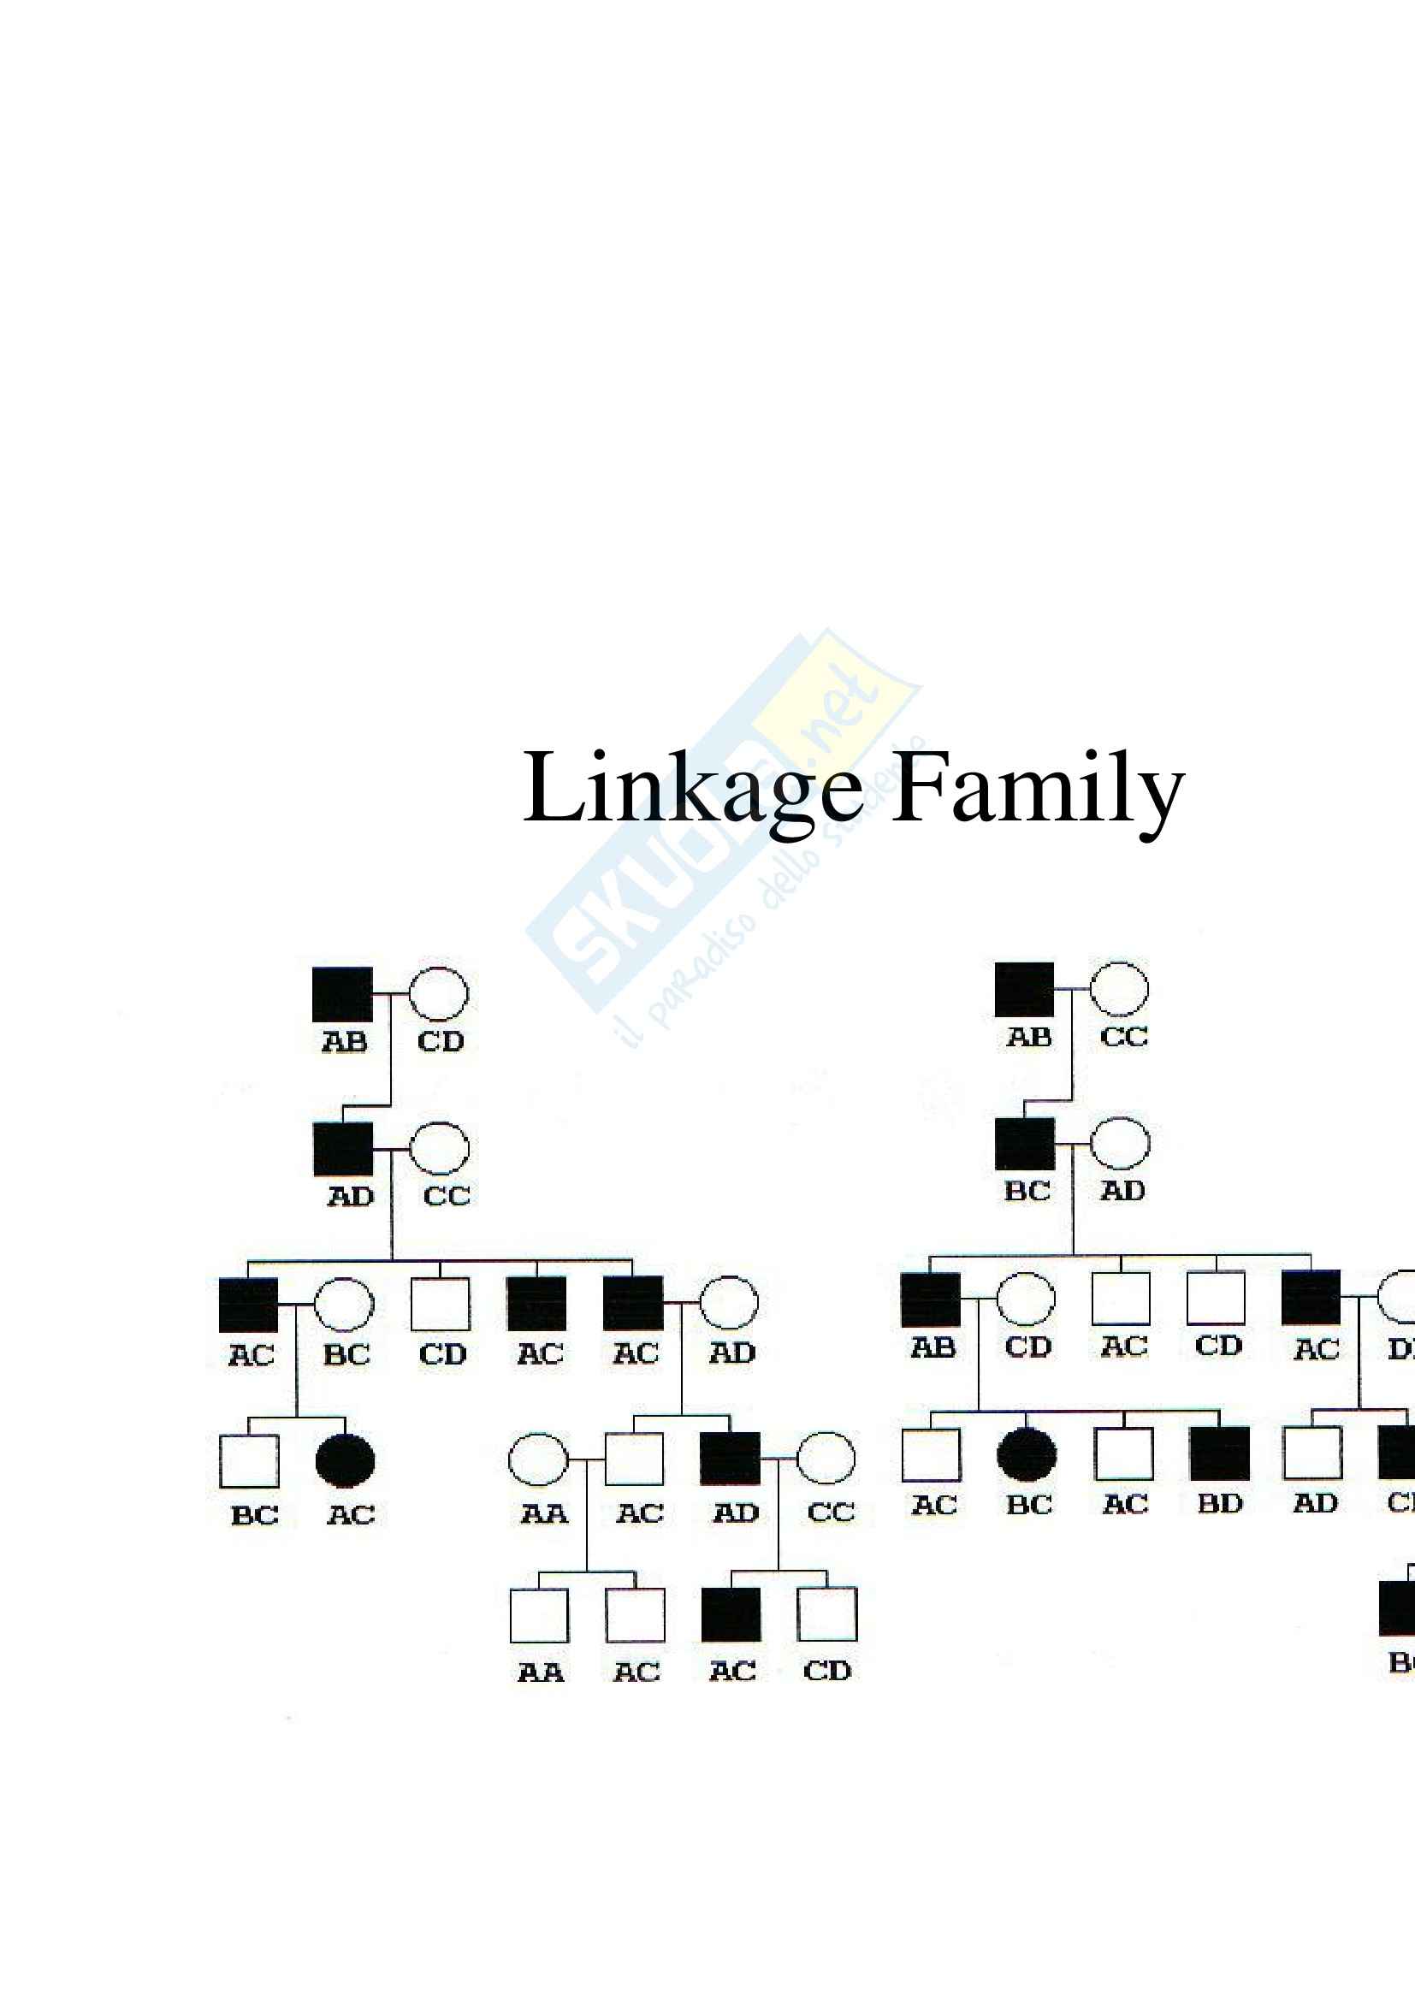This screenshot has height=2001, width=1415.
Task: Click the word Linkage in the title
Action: (x=692, y=789)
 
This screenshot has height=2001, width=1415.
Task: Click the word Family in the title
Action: (x=1037, y=789)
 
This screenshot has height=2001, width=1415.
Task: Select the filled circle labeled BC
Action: (x=1027, y=1454)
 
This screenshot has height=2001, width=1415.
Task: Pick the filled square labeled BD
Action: (x=1219, y=1453)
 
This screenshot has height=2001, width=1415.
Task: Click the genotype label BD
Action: (x=1219, y=1503)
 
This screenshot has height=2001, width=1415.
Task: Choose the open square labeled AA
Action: (x=538, y=1615)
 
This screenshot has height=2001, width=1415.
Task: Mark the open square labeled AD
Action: (x=1312, y=1453)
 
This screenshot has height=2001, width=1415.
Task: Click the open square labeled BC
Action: (x=249, y=1461)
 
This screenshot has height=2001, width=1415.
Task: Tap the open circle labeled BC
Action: (x=343, y=1305)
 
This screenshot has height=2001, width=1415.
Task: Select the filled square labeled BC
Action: (x=1025, y=1145)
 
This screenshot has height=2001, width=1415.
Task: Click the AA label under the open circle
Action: (x=544, y=1514)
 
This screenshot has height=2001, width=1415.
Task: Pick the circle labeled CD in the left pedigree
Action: (x=438, y=993)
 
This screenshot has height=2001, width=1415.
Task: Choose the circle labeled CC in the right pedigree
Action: (x=1119, y=989)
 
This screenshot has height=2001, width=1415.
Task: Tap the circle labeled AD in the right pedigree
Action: (x=1120, y=1144)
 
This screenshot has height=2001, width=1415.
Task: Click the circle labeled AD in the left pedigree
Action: (x=728, y=1303)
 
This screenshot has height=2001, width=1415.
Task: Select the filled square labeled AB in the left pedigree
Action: (x=342, y=993)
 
